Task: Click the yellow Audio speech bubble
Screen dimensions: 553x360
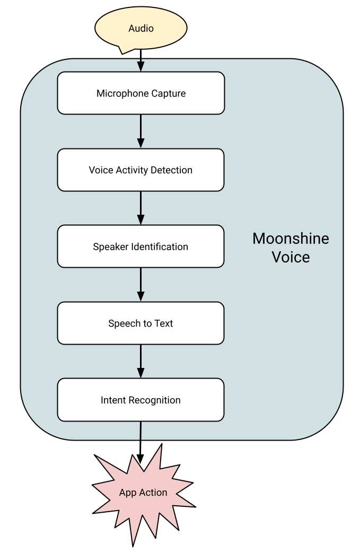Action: click(141, 28)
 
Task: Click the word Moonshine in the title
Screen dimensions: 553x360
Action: click(291, 239)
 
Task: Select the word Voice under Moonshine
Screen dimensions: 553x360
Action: click(291, 257)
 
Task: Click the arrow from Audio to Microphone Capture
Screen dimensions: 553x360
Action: click(141, 63)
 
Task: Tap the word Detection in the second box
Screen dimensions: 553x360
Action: click(172, 170)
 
